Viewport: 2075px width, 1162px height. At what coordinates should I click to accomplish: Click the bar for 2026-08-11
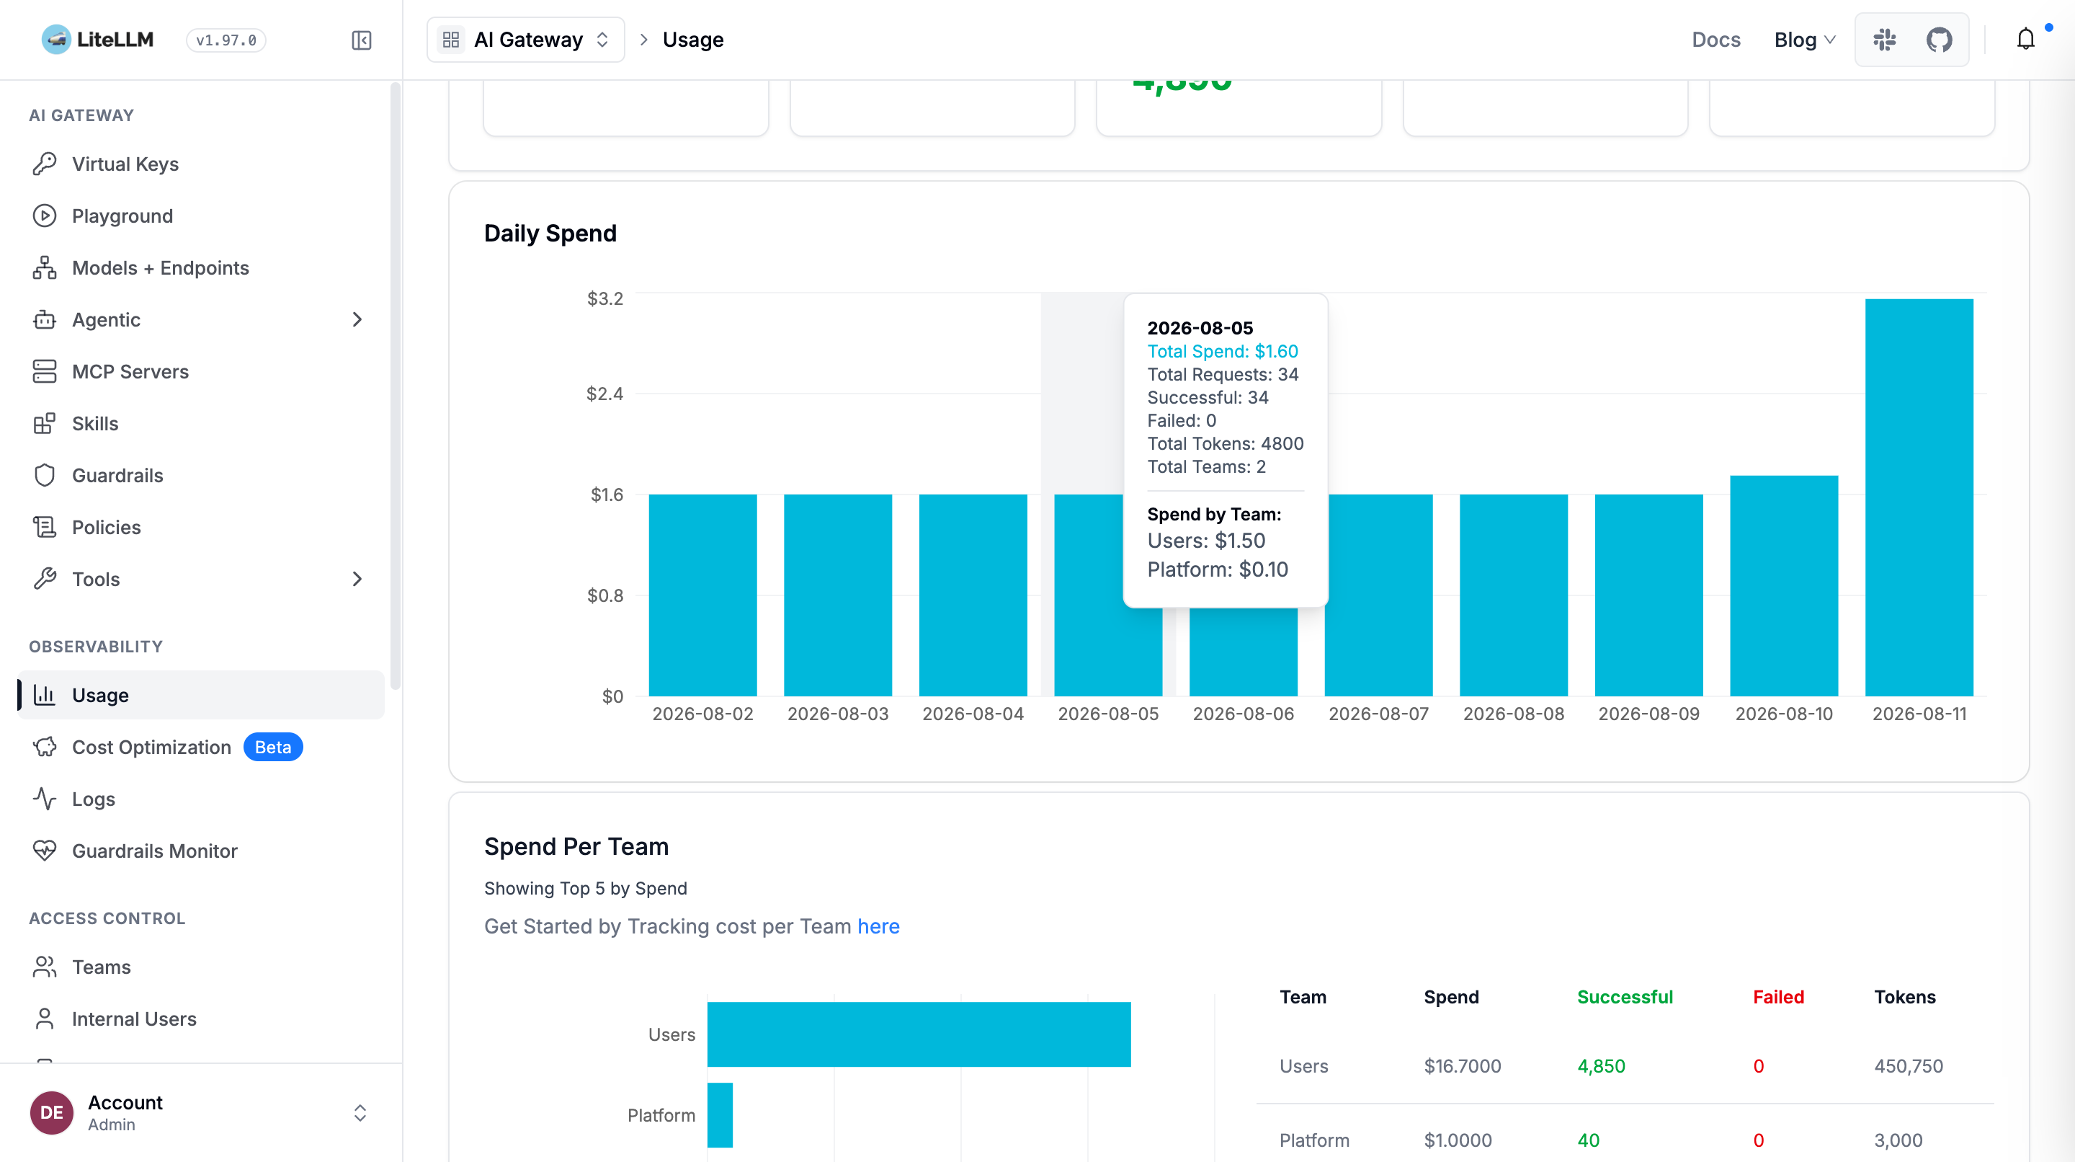point(1919,497)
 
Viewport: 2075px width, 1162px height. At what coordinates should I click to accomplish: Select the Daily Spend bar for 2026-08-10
point(1783,586)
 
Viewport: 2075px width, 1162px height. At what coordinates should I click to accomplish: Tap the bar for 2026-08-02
point(702,595)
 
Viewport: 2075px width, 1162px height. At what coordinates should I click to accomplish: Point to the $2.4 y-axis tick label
point(604,394)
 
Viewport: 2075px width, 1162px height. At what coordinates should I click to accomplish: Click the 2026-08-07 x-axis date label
point(1378,714)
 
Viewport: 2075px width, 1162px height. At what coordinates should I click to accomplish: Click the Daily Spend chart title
point(550,234)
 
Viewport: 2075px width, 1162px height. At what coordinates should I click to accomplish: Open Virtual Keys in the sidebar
point(125,164)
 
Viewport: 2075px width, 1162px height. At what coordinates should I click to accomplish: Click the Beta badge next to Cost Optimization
point(273,747)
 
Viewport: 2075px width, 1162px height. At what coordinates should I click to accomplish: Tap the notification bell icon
point(2025,40)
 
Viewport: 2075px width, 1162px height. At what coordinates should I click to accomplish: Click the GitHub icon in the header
point(1939,40)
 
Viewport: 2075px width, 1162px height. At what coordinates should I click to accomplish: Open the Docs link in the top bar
point(1715,40)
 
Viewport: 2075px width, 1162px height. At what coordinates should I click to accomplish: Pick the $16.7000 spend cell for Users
point(1462,1066)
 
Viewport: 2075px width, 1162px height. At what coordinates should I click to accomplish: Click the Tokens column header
point(1904,997)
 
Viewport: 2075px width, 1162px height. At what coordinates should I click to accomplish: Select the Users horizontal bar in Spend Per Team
point(919,1034)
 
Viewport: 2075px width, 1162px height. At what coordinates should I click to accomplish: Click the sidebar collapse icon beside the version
point(362,40)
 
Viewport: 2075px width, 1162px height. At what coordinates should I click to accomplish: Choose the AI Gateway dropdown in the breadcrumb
point(526,40)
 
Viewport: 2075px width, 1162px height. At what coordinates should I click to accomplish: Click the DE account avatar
point(52,1113)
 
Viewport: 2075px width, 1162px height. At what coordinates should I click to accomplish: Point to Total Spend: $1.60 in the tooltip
point(1222,351)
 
